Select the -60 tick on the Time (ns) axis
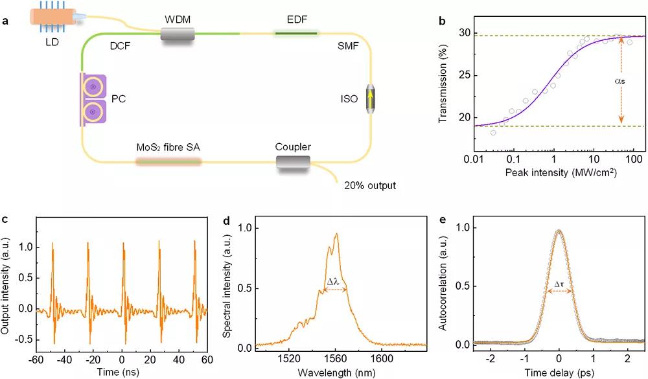point(38,359)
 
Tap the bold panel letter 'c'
point(5,220)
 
